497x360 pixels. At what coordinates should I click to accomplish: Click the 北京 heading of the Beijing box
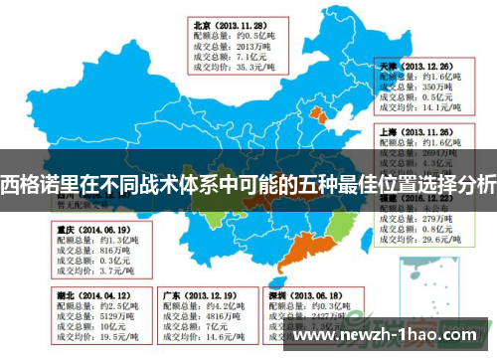[202, 25]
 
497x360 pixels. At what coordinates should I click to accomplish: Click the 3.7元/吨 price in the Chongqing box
[97, 270]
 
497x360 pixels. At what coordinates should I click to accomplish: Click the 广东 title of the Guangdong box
[171, 296]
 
